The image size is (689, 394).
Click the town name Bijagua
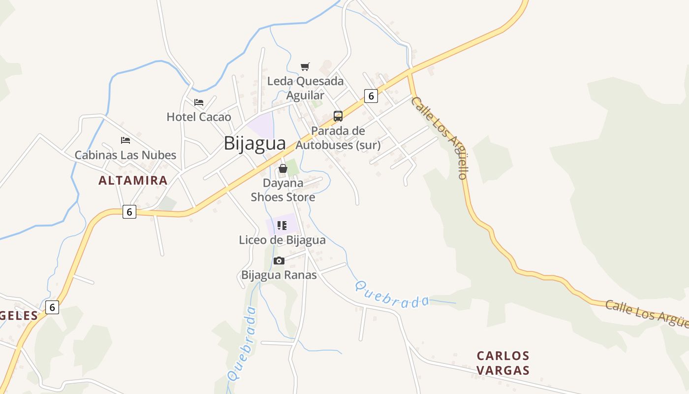pyautogui.click(x=254, y=143)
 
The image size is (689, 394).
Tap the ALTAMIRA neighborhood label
pyautogui.click(x=133, y=180)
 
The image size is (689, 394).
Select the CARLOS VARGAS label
pyautogui.click(x=503, y=363)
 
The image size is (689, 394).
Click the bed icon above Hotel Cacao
pyautogui.click(x=199, y=102)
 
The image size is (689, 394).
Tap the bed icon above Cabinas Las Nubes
pyautogui.click(x=125, y=140)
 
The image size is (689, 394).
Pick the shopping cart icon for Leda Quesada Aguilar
pyautogui.click(x=305, y=66)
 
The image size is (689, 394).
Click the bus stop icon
pyautogui.click(x=338, y=116)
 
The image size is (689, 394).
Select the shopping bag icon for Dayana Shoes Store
pyautogui.click(x=283, y=168)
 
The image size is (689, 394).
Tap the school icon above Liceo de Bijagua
pyautogui.click(x=282, y=226)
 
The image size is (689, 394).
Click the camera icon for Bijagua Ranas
pyautogui.click(x=279, y=261)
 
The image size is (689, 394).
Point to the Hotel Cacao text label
pyautogui.click(x=199, y=117)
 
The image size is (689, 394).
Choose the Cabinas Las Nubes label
pyautogui.click(x=125, y=155)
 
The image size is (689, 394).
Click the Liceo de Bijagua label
pyautogui.click(x=282, y=240)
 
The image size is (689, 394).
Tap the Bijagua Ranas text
pyautogui.click(x=279, y=275)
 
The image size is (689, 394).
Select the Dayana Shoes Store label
pyautogui.click(x=283, y=190)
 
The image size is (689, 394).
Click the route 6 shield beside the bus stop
pyautogui.click(x=371, y=96)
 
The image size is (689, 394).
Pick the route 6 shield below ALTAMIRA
pyautogui.click(x=129, y=212)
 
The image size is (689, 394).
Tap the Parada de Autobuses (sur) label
pyautogui.click(x=338, y=138)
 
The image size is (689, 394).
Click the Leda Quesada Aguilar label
pyautogui.click(x=305, y=88)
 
